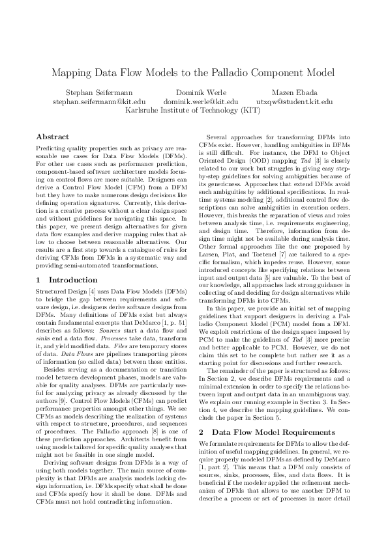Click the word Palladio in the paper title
[228, 73]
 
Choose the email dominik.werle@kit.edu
[200, 102]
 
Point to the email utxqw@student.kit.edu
[295, 102]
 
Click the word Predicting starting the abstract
[50, 150]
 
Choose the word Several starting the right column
[218, 137]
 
